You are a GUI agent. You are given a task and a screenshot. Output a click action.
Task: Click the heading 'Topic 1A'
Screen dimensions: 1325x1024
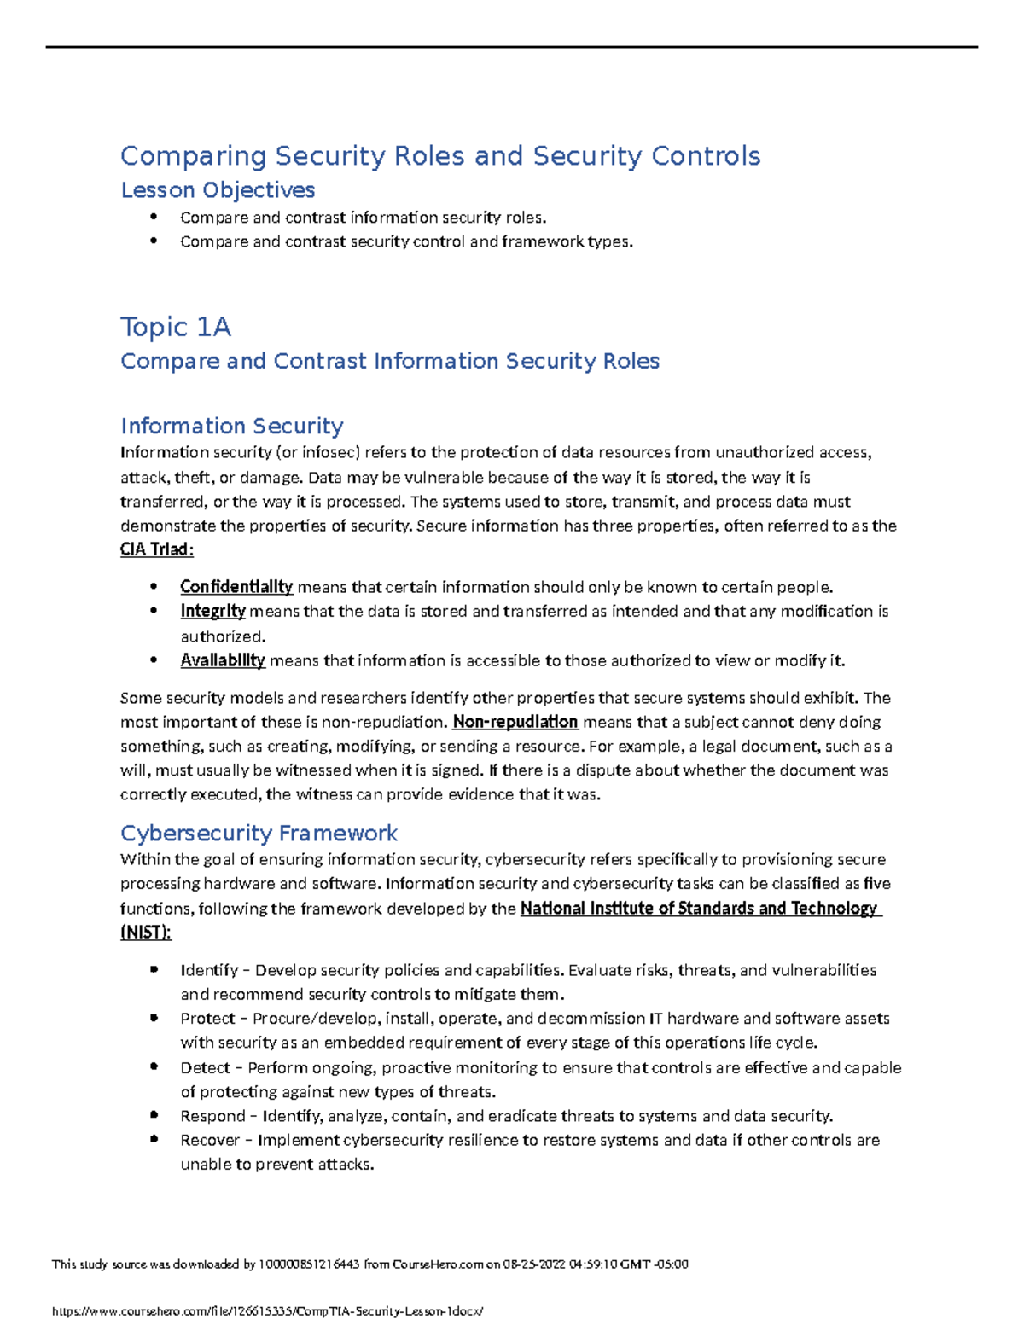pyautogui.click(x=176, y=327)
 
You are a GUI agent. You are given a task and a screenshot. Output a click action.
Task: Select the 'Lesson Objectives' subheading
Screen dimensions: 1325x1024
pyautogui.click(x=218, y=189)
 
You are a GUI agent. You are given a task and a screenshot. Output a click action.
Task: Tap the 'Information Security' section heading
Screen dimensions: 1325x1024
pyautogui.click(x=231, y=426)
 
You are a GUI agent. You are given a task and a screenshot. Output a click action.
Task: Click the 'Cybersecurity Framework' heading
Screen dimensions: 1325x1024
pyautogui.click(x=259, y=833)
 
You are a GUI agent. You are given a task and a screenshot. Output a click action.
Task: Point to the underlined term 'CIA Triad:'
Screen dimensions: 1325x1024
pyautogui.click(x=157, y=549)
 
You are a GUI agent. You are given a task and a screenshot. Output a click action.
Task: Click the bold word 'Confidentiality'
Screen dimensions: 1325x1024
pyautogui.click(x=236, y=587)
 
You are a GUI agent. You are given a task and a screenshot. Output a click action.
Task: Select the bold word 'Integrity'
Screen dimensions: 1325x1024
pyautogui.click(x=212, y=611)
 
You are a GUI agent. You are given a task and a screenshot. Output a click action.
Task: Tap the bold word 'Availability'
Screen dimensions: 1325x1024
pyautogui.click(x=223, y=660)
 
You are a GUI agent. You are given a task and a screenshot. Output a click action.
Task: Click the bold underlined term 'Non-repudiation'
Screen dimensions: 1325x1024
pyautogui.click(x=515, y=722)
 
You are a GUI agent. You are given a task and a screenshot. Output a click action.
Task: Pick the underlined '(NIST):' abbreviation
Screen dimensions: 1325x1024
pyautogui.click(x=146, y=933)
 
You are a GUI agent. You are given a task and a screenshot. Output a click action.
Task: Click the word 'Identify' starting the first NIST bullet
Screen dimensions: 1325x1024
pyautogui.click(x=209, y=970)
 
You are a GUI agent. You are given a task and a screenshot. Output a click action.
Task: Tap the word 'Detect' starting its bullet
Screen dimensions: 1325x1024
pyautogui.click(x=205, y=1067)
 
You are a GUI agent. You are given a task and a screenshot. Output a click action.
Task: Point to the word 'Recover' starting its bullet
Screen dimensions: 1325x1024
pyautogui.click(x=210, y=1140)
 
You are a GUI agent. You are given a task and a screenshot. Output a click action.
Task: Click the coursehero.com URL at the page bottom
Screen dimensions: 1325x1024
pyautogui.click(x=267, y=1310)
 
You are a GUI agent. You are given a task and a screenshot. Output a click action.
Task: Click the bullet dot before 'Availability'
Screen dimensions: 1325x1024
pyautogui.click(x=154, y=660)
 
